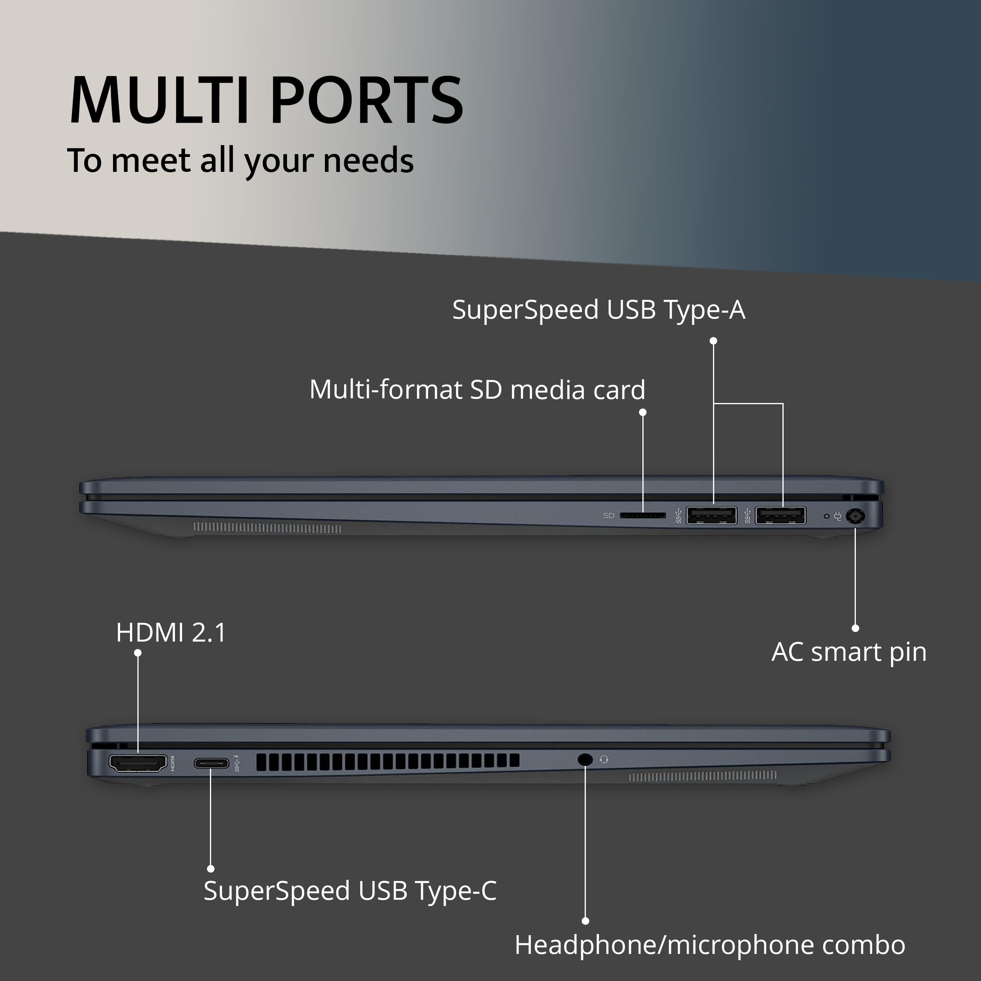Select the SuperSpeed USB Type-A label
[x=599, y=310]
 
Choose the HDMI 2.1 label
[x=171, y=633]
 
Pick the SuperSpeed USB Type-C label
[x=350, y=891]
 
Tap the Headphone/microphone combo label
[x=710, y=945]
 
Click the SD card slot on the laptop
[x=643, y=515]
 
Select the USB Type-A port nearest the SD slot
[x=711, y=515]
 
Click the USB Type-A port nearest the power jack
[x=780, y=515]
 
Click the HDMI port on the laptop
[x=138, y=763]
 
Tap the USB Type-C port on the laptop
[x=211, y=763]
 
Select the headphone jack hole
[x=585, y=760]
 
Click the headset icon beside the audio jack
[x=604, y=759]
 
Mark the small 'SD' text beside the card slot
[x=609, y=515]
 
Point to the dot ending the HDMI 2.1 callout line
[x=138, y=653]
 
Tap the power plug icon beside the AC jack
[x=837, y=517]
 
